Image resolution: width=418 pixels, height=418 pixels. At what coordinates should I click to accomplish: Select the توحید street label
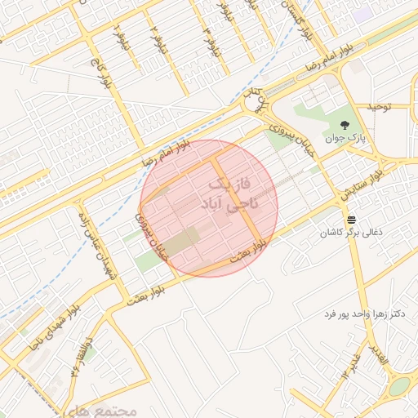pyautogui.click(x=380, y=107)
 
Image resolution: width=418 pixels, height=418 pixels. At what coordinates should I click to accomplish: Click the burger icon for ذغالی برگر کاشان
pyautogui.click(x=351, y=220)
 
